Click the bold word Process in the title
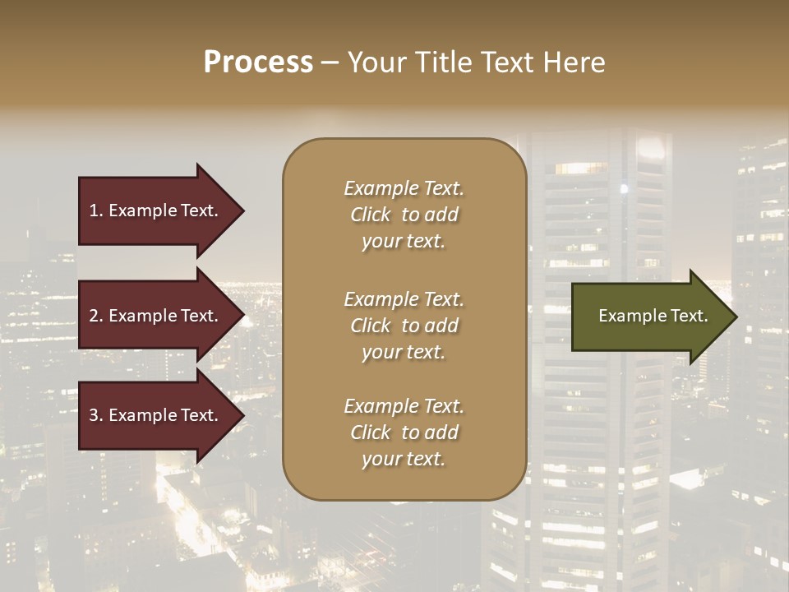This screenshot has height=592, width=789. (x=258, y=62)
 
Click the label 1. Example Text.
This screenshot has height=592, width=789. (x=154, y=210)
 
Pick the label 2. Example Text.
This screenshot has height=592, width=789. (x=154, y=316)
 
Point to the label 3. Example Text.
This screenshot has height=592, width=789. (x=154, y=415)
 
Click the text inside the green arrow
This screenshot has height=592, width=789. (x=653, y=316)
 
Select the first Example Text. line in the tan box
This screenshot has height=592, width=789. (x=404, y=188)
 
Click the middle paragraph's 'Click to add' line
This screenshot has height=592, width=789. (x=404, y=326)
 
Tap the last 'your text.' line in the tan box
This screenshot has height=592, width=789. (x=404, y=460)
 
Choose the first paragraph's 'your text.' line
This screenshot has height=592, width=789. (x=404, y=242)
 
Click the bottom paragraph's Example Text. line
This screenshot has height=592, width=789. (x=404, y=406)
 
